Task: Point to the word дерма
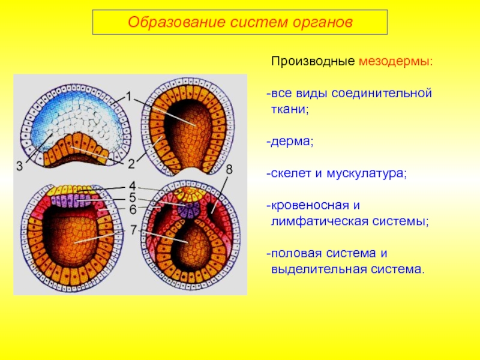(290, 142)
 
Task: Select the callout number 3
(19, 167)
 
